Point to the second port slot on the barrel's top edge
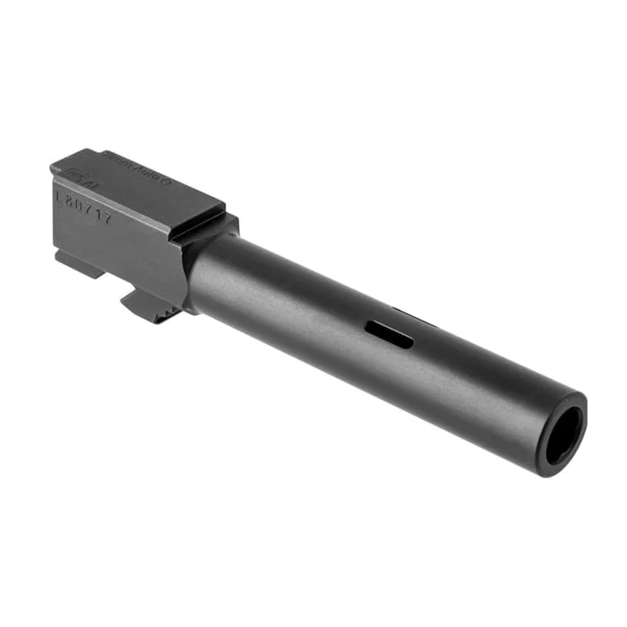pos(414,313)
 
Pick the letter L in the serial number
pos(59,192)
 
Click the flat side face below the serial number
pos(116,246)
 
